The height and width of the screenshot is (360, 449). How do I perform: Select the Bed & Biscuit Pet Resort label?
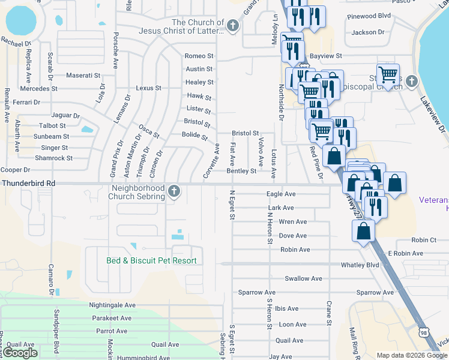click(x=151, y=260)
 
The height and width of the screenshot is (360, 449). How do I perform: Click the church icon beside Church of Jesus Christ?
click(x=233, y=25)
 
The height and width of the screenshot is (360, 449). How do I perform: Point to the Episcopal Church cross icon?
click(x=411, y=81)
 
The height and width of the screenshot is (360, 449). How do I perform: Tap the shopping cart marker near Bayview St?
click(x=388, y=75)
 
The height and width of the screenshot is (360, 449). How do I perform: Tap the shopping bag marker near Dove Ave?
click(x=363, y=231)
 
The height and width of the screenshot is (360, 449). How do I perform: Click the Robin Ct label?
click(x=424, y=239)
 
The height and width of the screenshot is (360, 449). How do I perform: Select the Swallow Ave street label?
click(x=303, y=278)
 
